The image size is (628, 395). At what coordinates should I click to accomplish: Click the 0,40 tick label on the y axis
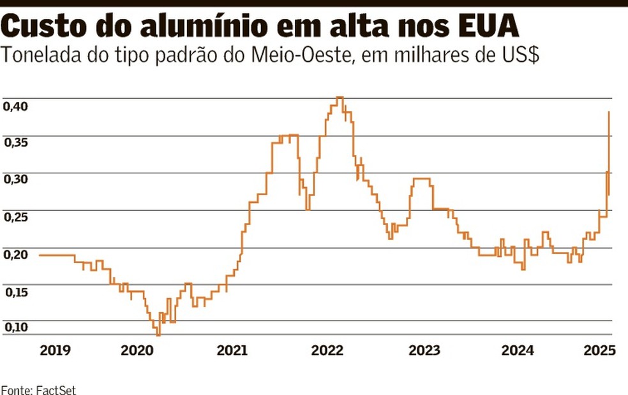tap(15, 106)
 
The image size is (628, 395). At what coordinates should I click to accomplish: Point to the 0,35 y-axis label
tap(15, 143)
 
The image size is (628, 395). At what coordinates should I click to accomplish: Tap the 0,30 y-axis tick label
tap(15, 180)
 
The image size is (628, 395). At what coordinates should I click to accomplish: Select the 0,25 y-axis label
tap(15, 217)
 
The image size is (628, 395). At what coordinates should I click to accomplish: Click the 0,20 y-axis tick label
tap(15, 255)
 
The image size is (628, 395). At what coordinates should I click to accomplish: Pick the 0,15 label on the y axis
tap(15, 292)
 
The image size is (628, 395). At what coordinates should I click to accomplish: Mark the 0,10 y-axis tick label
tap(15, 327)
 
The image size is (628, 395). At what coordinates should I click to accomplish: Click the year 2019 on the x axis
tap(55, 350)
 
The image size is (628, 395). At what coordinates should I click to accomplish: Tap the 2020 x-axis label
tap(137, 350)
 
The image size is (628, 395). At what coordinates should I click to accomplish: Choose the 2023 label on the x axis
tap(424, 350)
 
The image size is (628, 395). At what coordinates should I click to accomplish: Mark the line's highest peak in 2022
tap(340, 97)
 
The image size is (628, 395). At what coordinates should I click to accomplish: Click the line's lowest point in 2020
tap(158, 334)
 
